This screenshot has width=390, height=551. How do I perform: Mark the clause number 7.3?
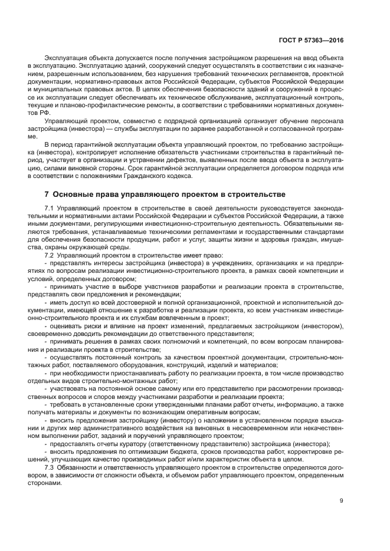coord(50,467)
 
